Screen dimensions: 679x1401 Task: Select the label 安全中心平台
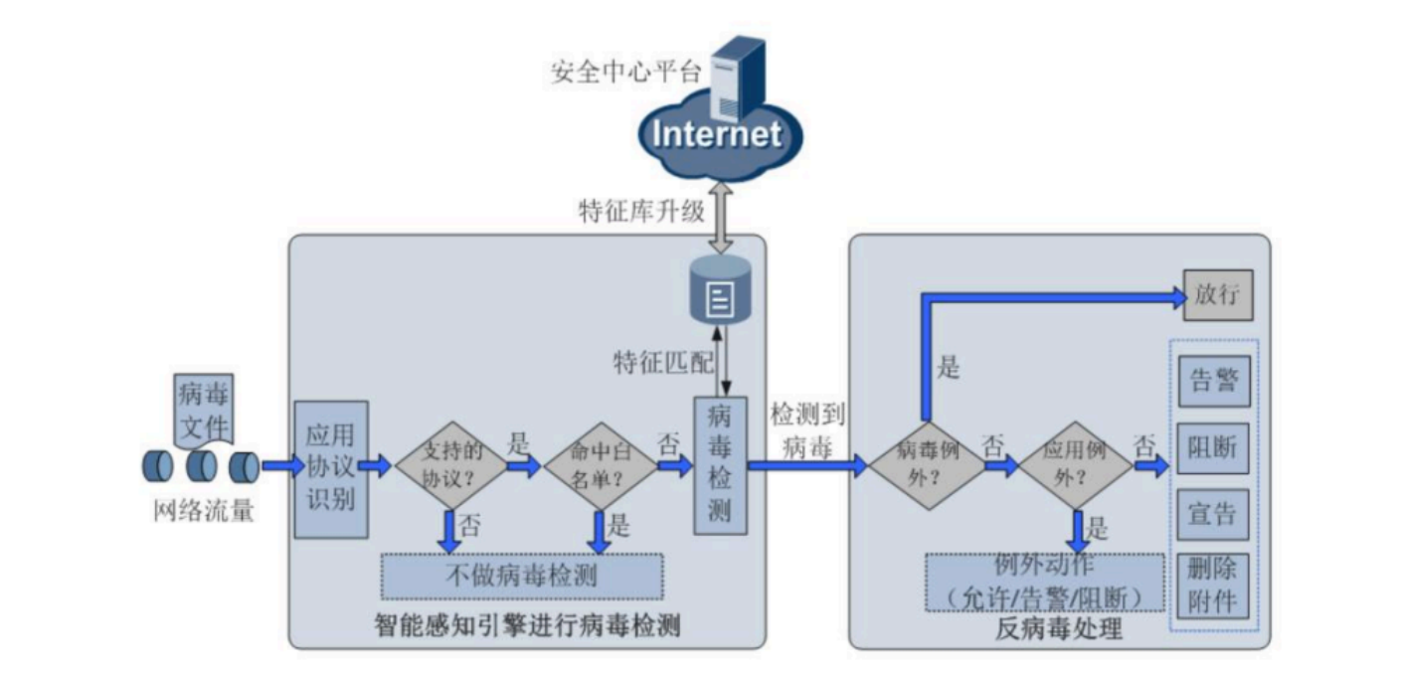(x=626, y=73)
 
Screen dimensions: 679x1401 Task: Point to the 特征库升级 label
(x=642, y=212)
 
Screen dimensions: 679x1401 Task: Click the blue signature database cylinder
(x=720, y=288)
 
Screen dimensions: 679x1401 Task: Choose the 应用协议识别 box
(x=331, y=468)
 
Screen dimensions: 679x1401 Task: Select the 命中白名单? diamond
(x=600, y=464)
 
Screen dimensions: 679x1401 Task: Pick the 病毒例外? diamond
(x=926, y=464)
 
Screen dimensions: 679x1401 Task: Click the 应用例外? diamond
(x=1076, y=464)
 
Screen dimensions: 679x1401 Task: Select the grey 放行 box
(x=1217, y=295)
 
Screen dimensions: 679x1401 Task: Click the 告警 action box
(x=1213, y=381)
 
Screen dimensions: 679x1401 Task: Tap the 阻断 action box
(x=1213, y=447)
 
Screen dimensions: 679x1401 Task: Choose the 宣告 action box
(x=1213, y=514)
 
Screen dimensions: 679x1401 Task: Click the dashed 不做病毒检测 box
(x=522, y=576)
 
